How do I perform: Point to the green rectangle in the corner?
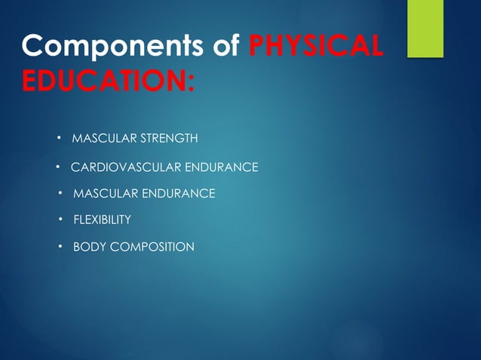425,29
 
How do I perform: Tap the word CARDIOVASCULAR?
121,166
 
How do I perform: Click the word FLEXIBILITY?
102,220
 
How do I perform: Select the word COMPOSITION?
152,246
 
